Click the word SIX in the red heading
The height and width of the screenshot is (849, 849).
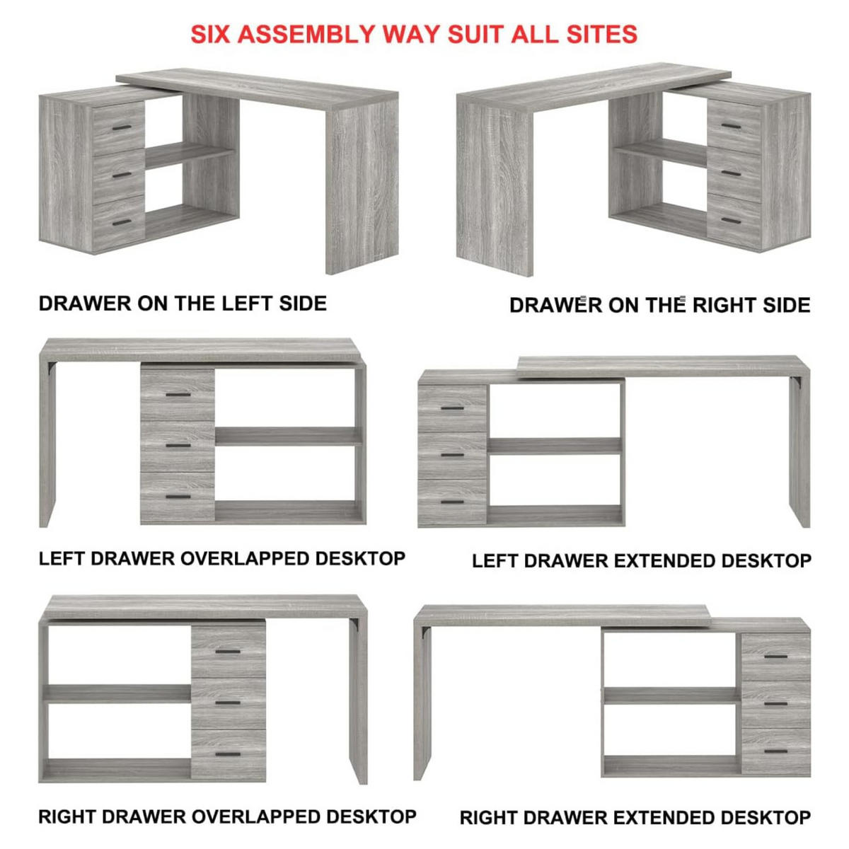[210, 34]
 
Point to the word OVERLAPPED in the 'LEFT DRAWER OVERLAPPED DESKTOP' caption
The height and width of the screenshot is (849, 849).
[245, 559]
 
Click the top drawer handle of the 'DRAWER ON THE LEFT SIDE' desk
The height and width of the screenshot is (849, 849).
[122, 127]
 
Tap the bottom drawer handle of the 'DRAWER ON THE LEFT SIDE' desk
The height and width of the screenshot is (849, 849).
[122, 222]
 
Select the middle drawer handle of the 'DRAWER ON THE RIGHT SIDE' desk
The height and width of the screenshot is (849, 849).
[732, 173]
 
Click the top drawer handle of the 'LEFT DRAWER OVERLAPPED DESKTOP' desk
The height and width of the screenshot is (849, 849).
[178, 394]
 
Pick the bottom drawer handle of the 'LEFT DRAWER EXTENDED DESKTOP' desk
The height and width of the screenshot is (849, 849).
[453, 502]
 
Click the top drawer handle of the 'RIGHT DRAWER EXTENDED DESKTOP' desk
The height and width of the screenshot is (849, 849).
[776, 657]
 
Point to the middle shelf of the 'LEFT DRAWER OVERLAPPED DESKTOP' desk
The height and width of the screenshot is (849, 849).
[289, 437]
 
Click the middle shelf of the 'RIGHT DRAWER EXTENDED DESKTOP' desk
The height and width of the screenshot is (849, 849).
[672, 695]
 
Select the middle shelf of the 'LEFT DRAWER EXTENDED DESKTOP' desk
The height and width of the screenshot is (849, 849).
[554, 446]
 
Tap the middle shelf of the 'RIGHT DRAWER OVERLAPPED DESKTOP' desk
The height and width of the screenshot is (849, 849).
[117, 693]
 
